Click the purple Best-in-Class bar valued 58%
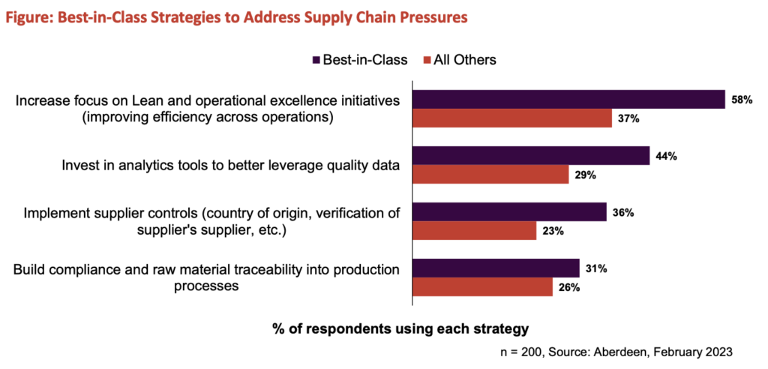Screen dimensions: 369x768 coord(568,99)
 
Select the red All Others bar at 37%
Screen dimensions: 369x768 coord(512,118)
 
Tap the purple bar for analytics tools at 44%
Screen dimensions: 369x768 coord(531,155)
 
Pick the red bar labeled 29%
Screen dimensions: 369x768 coord(490,175)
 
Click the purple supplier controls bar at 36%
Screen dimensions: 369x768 coord(509,211)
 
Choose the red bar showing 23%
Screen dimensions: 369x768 coord(475,231)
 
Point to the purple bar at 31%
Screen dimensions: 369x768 coord(496,268)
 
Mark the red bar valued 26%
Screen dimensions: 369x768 coord(482,287)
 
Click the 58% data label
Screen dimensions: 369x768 coord(742,99)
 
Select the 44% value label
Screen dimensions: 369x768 coord(667,155)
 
